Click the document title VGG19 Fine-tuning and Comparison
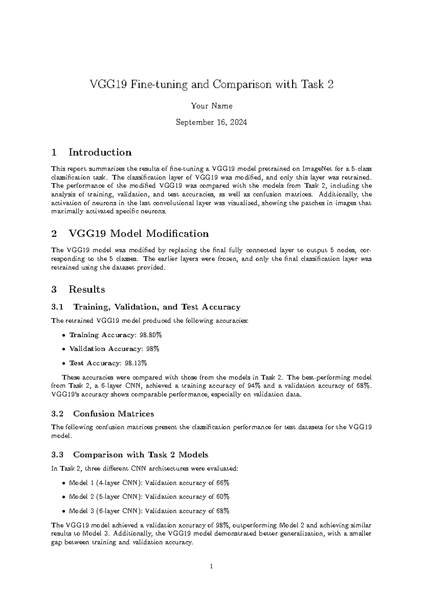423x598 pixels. (211, 85)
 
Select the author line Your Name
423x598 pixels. (211, 106)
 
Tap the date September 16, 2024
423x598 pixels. (211, 122)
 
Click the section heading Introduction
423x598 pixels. (100, 152)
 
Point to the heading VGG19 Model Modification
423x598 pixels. (139, 233)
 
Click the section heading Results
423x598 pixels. (87, 289)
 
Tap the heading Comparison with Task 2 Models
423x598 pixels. (141, 455)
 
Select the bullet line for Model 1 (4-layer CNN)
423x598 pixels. (149, 483)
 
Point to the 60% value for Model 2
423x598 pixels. (222, 496)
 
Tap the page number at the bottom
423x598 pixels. (211, 567)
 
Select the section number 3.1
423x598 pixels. (57, 307)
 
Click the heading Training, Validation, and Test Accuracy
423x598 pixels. (157, 307)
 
